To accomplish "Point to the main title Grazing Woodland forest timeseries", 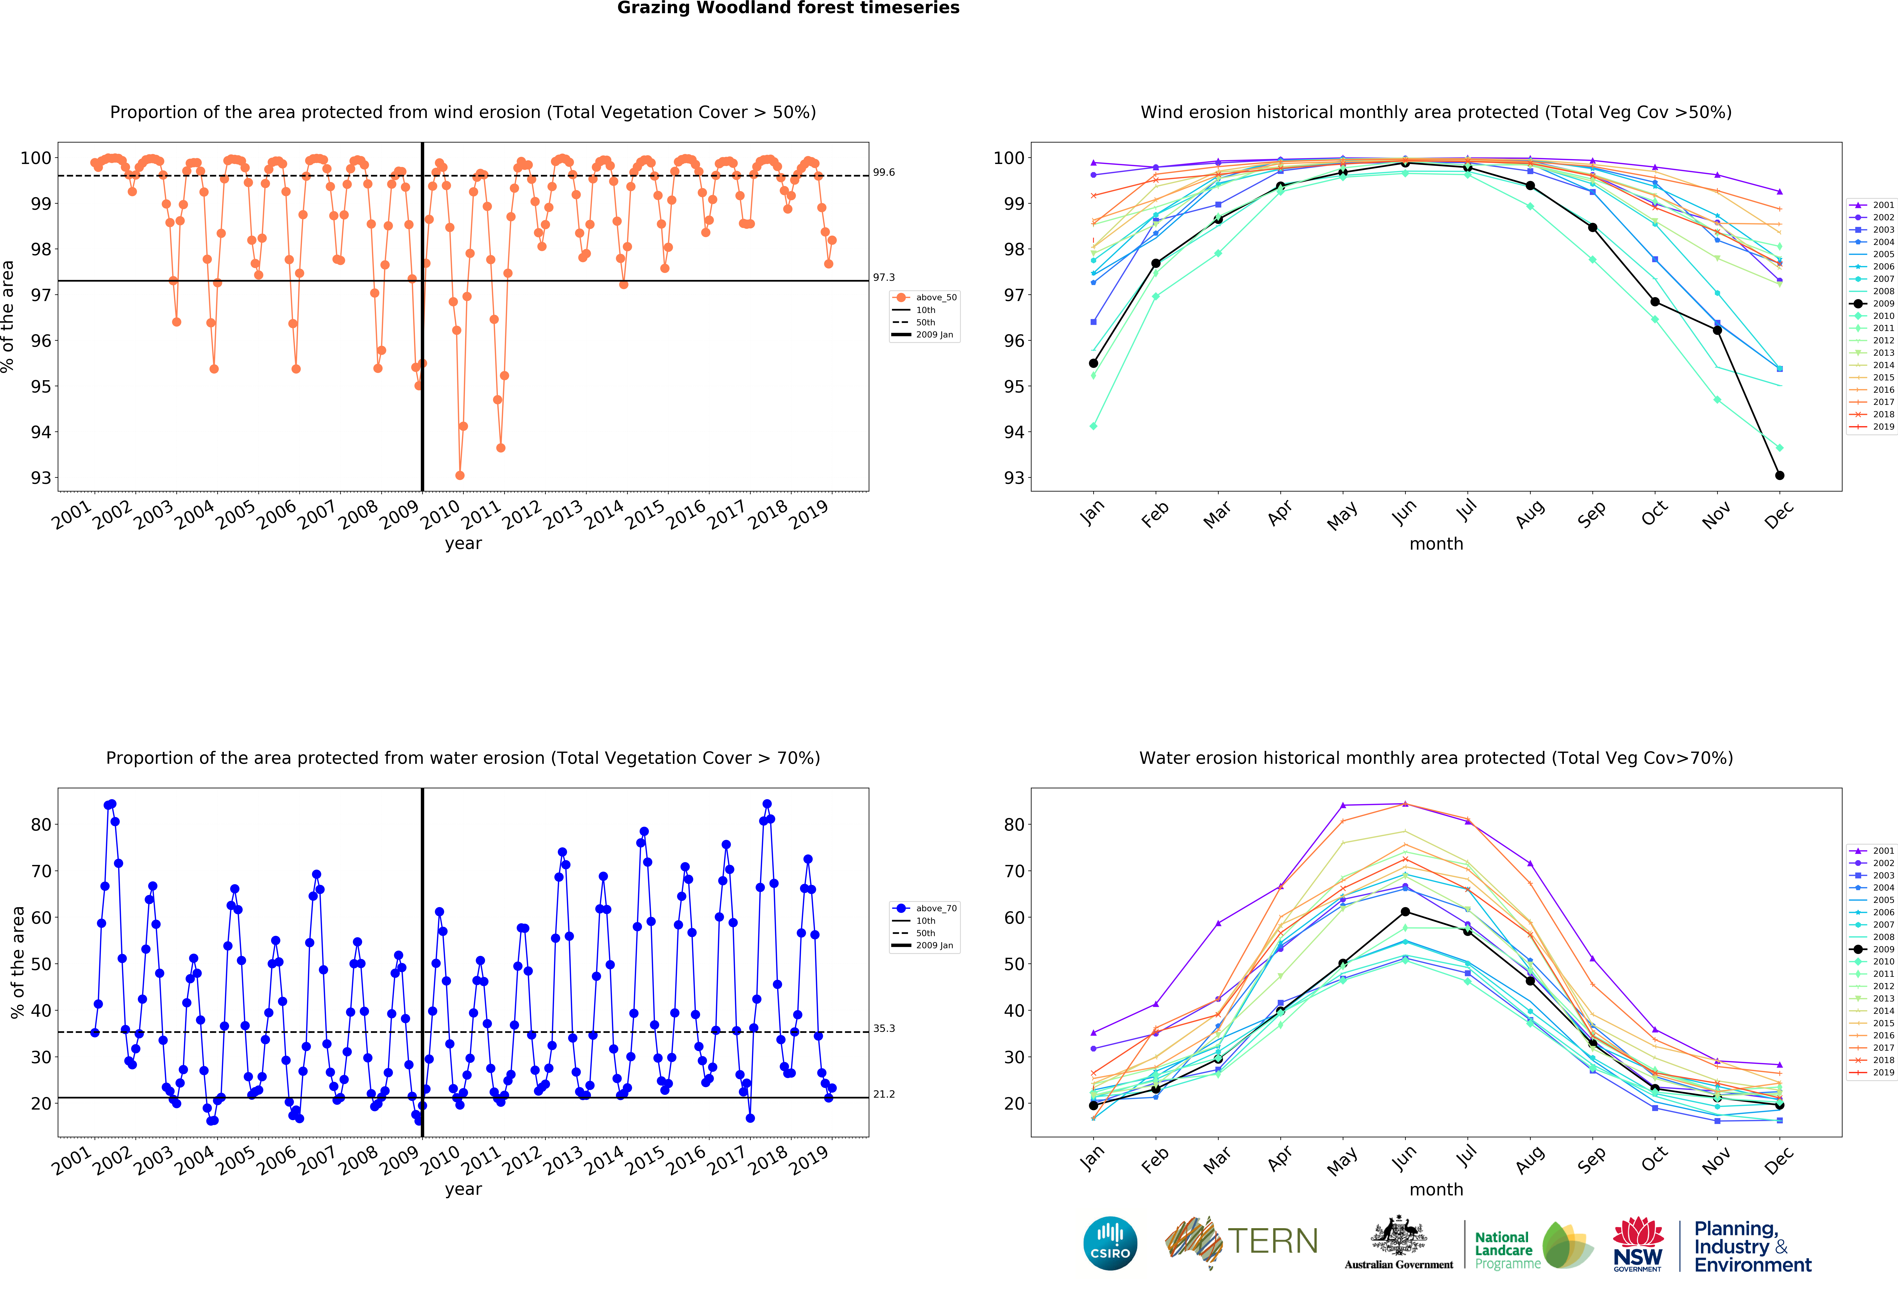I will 788,8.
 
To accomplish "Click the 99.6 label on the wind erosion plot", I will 884,172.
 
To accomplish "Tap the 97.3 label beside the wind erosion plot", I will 884,278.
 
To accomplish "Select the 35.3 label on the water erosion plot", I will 884,1029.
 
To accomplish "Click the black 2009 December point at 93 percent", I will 1780,475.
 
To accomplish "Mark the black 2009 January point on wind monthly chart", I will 1093,363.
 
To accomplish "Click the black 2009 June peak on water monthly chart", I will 1405,912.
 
